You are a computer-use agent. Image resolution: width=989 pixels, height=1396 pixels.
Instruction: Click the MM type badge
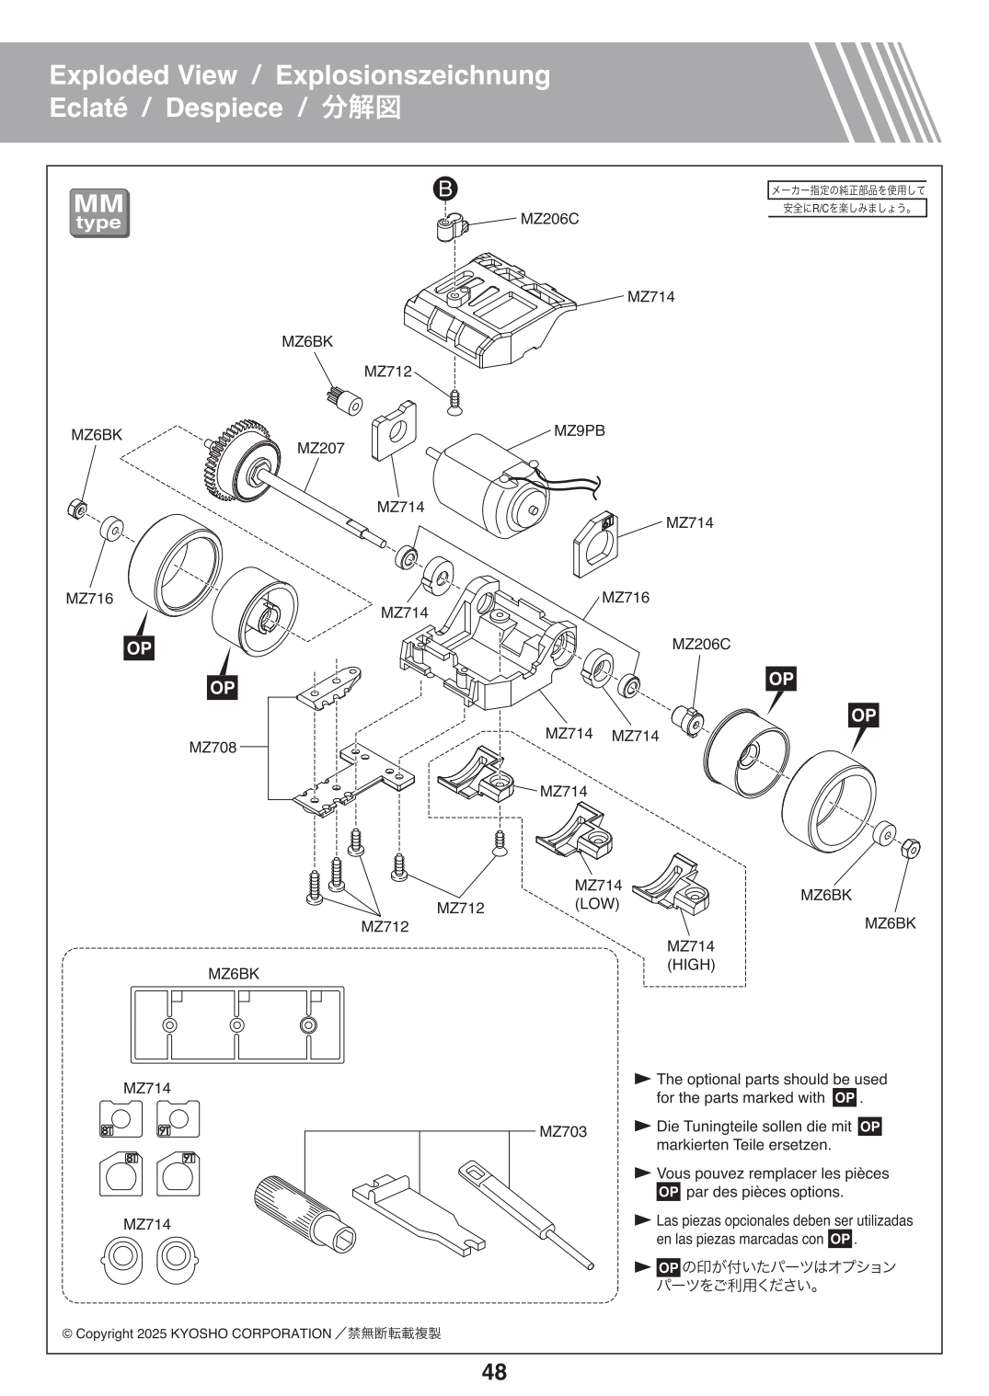(99, 213)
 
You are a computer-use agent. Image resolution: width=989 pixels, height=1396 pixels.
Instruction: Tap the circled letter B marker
(444, 189)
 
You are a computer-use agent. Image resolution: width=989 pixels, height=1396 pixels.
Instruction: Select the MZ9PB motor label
(579, 430)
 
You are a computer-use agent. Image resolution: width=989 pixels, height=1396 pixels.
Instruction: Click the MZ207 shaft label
(320, 448)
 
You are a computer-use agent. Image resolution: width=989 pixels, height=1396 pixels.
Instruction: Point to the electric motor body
(488, 487)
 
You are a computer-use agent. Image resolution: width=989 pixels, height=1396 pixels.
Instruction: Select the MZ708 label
(213, 747)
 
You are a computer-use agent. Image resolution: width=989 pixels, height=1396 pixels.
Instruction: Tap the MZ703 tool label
(562, 1131)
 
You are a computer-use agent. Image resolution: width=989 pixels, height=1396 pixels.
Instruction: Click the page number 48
(494, 1372)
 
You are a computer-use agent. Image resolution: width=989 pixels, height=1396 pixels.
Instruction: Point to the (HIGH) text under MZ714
(690, 965)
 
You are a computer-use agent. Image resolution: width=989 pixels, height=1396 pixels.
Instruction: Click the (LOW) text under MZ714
(597, 904)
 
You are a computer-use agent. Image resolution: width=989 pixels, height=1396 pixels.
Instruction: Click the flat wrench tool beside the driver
(420, 1213)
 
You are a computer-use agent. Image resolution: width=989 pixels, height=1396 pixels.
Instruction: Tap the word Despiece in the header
(224, 108)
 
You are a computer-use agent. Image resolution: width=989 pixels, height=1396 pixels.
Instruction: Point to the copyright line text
(251, 1333)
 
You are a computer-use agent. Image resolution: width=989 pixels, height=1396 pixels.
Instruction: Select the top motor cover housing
(488, 313)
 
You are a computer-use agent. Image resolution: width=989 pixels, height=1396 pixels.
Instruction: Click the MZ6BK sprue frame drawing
(236, 1024)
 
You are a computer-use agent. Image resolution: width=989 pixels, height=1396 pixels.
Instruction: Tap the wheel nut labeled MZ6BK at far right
(912, 848)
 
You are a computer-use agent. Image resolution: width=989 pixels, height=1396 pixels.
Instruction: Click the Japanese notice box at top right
(847, 199)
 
